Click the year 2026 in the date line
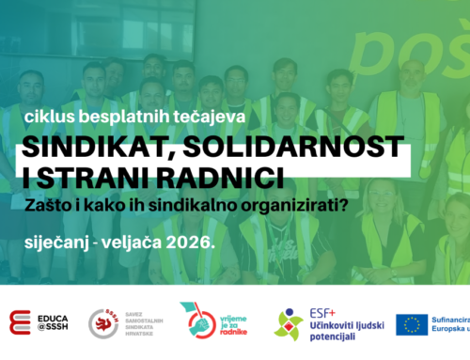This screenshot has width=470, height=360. pyautogui.click(x=189, y=242)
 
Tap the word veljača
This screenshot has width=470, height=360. pyautogui.click(x=133, y=242)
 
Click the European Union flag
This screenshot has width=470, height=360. pyautogui.click(x=412, y=324)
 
